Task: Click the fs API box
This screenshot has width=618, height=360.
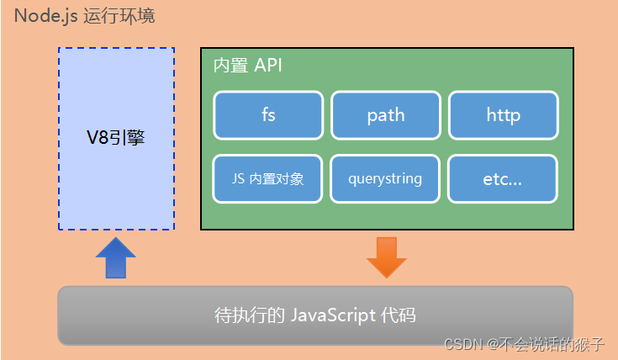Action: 268,115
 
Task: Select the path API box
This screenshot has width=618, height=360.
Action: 386,115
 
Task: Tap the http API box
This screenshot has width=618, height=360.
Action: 503,115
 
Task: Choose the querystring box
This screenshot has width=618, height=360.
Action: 385,179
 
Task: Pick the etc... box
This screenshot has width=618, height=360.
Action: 503,179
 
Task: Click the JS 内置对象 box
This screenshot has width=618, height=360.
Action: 268,179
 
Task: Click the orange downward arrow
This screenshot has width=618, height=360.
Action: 387,257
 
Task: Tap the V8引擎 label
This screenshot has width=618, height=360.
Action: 116,138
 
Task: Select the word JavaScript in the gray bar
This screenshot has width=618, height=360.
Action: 333,316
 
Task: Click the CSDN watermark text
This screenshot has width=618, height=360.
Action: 461,343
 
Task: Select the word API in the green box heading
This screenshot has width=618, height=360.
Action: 267,66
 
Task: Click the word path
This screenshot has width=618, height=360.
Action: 386,115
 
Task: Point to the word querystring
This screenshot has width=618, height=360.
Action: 385,179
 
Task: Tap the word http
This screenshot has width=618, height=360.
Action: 503,115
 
